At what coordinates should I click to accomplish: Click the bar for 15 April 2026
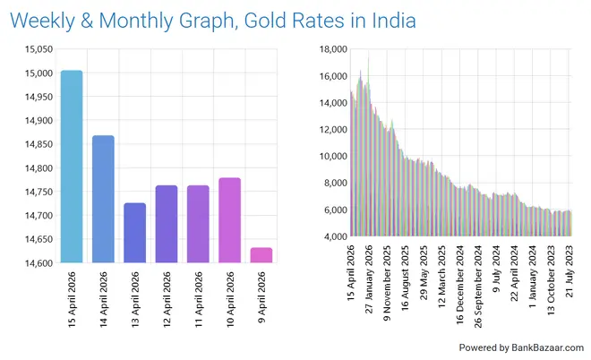click(x=72, y=167)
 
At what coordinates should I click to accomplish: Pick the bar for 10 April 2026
click(x=229, y=220)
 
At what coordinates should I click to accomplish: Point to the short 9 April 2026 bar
click(x=261, y=255)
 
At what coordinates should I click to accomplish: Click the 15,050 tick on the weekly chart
click(x=35, y=48)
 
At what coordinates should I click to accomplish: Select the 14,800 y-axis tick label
click(x=35, y=168)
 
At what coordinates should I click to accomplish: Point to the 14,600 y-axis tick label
click(x=35, y=263)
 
